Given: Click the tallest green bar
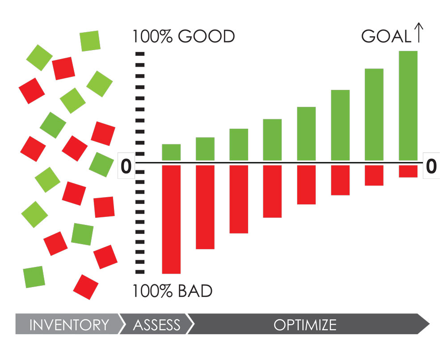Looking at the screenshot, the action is click(408, 106).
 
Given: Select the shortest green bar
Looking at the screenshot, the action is click(171, 152).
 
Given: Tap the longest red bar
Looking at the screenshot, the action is click(171, 220).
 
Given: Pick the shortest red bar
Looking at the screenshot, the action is click(408, 171).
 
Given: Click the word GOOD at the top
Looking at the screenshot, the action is click(207, 37).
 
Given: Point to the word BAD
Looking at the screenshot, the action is click(195, 291).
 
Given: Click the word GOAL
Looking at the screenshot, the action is click(386, 37).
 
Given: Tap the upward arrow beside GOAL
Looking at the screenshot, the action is click(419, 33).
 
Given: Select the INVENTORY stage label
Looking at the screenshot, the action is click(69, 325).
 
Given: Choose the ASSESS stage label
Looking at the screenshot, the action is click(157, 325).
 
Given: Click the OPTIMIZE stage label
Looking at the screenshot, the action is click(305, 325).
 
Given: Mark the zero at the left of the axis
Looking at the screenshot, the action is click(126, 166).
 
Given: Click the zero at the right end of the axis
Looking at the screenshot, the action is click(431, 166).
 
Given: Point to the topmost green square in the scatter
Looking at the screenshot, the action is click(90, 41).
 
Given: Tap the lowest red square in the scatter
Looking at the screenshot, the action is click(85, 287).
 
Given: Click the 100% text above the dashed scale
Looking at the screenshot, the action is click(152, 37).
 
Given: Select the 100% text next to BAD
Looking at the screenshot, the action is click(152, 291).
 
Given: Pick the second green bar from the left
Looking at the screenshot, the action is click(205, 149).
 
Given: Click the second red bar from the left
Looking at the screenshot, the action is click(205, 207).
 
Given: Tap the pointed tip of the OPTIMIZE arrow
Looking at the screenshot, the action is click(429, 324).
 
